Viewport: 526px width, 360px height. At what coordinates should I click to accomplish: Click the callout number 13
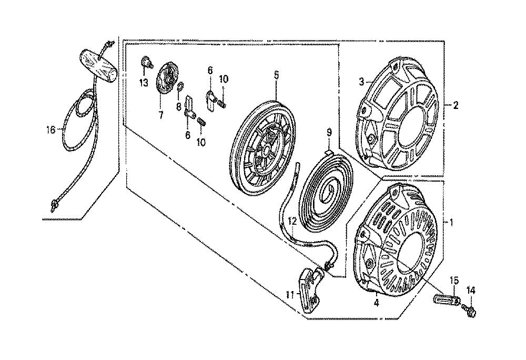pyautogui.click(x=144, y=83)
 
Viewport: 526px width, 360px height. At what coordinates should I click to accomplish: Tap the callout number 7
pyautogui.click(x=160, y=115)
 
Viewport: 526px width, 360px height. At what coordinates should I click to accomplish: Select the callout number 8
pyautogui.click(x=179, y=106)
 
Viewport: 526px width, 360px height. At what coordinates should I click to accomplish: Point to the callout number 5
pyautogui.click(x=276, y=75)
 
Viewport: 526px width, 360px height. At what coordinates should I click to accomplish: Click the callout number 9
pyautogui.click(x=329, y=133)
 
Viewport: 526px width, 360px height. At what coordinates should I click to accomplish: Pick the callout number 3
pyautogui.click(x=362, y=82)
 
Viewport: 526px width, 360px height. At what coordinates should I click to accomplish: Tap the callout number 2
pyautogui.click(x=455, y=105)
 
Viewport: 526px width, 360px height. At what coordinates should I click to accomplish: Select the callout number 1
pyautogui.click(x=451, y=223)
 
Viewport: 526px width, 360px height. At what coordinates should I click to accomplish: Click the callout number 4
pyautogui.click(x=377, y=303)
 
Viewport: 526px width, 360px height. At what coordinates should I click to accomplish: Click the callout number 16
pyautogui.click(x=51, y=130)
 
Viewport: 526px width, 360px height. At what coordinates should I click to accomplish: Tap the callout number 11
pyautogui.click(x=289, y=295)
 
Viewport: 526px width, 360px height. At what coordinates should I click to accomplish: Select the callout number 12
pyautogui.click(x=292, y=221)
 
